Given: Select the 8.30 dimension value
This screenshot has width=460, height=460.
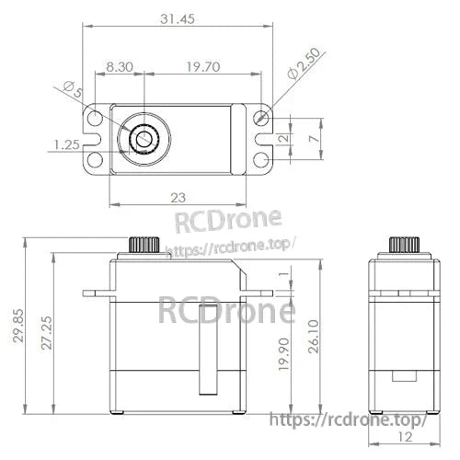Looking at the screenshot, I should point(122,66).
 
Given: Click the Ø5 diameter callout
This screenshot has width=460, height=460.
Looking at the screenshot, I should point(73,90).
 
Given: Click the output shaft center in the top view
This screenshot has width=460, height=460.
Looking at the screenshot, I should point(144,140).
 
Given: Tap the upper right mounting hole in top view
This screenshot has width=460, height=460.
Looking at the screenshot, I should point(262,119).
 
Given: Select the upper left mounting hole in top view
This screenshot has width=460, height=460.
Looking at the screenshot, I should point(93,119).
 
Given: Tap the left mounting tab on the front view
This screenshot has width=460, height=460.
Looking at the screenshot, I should point(96,293).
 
